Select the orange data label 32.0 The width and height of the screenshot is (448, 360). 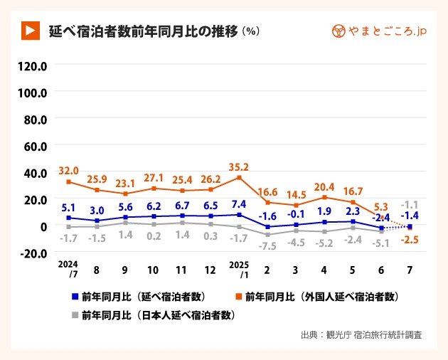(x=68, y=171)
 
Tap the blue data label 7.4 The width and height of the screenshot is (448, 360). (x=239, y=203)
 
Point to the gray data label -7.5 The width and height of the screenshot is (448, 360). (x=267, y=246)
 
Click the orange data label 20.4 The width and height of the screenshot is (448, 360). (x=324, y=187)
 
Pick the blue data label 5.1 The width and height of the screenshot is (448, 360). (x=68, y=207)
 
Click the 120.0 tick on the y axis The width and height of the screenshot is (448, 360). (x=32, y=66)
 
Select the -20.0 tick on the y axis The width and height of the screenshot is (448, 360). (x=32, y=253)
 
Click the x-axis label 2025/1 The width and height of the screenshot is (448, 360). (x=239, y=268)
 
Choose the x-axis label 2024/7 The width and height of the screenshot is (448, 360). (x=68, y=268)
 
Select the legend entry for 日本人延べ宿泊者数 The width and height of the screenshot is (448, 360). (x=157, y=314)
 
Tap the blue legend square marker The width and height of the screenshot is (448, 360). (x=75, y=296)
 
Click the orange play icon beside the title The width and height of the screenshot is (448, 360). (x=29, y=31)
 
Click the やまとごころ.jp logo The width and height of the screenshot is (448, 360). (x=379, y=31)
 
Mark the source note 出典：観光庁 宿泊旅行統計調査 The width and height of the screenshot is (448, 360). (x=361, y=335)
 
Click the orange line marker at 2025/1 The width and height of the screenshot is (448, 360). (x=239, y=177)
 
